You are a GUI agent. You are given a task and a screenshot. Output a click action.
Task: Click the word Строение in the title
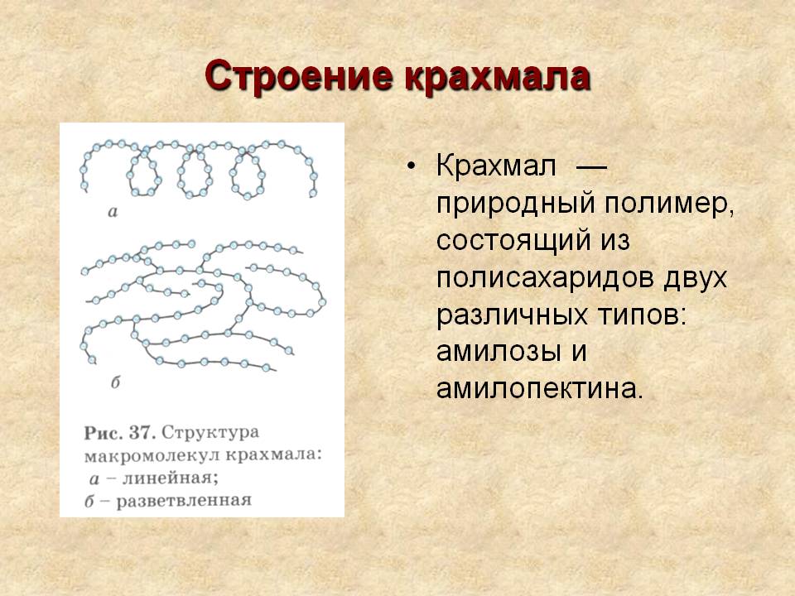[299, 78]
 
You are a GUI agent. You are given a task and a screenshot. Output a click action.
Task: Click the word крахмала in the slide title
[498, 78]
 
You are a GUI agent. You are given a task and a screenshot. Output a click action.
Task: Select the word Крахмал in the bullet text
[496, 166]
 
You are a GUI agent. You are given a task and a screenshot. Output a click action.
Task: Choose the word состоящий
[513, 241]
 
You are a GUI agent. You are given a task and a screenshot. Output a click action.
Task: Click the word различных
[512, 315]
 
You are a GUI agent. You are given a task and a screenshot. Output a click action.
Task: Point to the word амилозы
[499, 352]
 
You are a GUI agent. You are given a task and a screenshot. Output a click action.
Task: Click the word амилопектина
[539, 389]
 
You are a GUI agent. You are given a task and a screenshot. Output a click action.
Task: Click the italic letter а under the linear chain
[113, 212]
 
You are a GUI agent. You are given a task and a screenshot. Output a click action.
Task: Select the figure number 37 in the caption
[142, 433]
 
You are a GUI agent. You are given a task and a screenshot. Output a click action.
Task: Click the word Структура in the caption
[210, 434]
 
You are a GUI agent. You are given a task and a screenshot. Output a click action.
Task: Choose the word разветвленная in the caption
[184, 502]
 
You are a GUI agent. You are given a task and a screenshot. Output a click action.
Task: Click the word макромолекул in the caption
[152, 455]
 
